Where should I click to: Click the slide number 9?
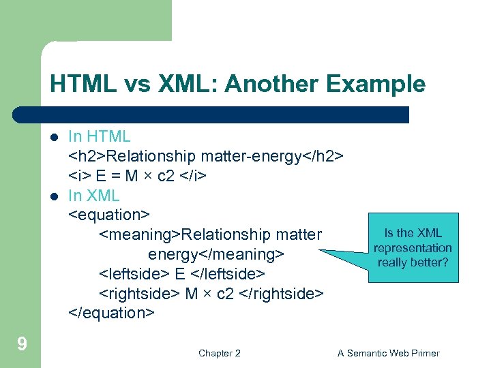[x=22, y=343]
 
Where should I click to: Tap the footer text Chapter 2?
[x=219, y=353]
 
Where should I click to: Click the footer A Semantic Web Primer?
[x=389, y=353]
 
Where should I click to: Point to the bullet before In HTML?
[x=54, y=137]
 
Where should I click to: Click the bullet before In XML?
[x=54, y=196]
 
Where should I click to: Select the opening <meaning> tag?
[x=140, y=234]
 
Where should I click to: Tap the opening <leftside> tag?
[x=134, y=274]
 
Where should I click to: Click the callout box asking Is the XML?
[x=413, y=247]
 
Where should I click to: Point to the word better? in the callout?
[x=431, y=262]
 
